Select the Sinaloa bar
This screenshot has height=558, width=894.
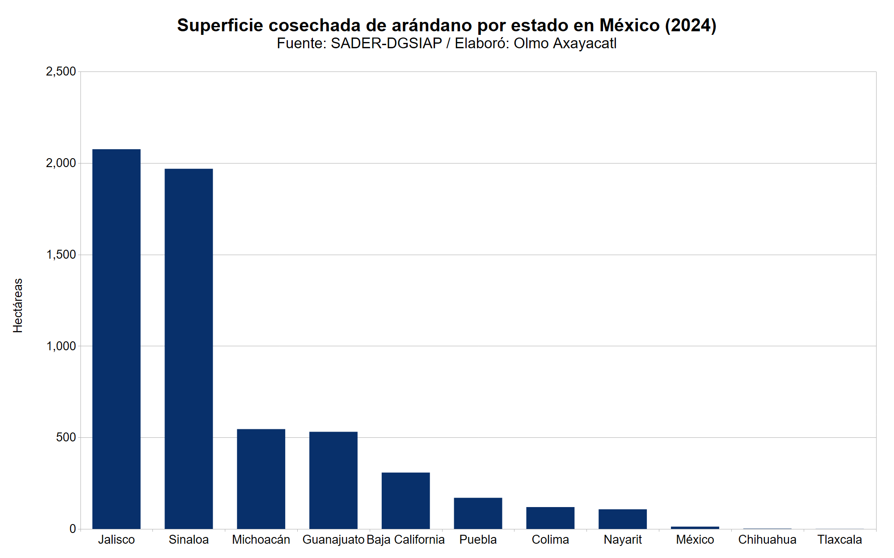tap(189, 348)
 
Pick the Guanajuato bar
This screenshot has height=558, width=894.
tap(333, 480)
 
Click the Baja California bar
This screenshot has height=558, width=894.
tap(405, 500)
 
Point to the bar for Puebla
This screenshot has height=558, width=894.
tap(478, 513)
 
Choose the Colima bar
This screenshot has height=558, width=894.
tap(550, 518)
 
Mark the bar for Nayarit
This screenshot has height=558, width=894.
tap(623, 519)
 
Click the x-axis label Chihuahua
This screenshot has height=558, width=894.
tap(767, 540)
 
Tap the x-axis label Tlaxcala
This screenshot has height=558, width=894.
tap(839, 540)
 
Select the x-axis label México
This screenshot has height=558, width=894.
tap(695, 540)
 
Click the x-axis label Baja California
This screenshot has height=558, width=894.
tap(405, 540)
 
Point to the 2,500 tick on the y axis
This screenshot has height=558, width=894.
tap(61, 71)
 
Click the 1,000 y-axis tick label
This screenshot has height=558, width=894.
tap(61, 346)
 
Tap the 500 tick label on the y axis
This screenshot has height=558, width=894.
tap(66, 437)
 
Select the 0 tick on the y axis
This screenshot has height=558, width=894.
tap(73, 529)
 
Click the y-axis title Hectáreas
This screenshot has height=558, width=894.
tap(18, 306)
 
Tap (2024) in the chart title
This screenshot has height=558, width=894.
tap(691, 25)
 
